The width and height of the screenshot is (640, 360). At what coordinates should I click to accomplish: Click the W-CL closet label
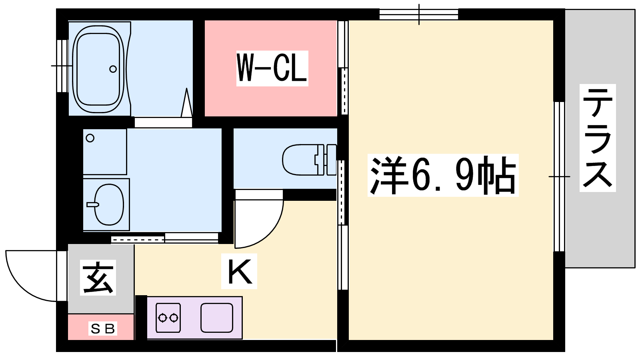(x=272, y=68)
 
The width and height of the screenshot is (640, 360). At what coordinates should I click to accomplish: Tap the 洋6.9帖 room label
(x=443, y=175)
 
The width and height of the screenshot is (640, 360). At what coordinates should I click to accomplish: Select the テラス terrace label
(x=598, y=138)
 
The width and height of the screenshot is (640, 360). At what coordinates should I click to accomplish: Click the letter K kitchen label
(x=239, y=271)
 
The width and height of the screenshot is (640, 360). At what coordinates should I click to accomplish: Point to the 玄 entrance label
(x=98, y=278)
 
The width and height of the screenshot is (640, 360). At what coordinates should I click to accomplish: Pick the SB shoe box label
(x=102, y=328)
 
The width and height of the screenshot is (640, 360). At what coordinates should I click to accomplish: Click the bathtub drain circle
(x=113, y=69)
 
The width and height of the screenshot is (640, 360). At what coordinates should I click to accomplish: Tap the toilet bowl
(x=300, y=160)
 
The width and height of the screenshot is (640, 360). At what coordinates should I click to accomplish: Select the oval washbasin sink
(x=109, y=204)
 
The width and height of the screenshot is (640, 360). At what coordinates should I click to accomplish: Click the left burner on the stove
(x=162, y=318)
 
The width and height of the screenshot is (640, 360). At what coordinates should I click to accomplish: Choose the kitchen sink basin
(x=216, y=318)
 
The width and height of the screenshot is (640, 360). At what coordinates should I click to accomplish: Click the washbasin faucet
(x=92, y=204)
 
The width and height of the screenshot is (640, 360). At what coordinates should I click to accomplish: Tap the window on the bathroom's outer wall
(x=62, y=66)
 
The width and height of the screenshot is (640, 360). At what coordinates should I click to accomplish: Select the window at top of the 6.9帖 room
(x=419, y=14)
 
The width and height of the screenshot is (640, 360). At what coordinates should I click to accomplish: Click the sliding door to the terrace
(x=559, y=176)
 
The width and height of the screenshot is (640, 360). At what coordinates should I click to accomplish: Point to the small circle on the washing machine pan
(x=90, y=138)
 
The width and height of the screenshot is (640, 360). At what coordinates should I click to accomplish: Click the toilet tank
(x=332, y=160)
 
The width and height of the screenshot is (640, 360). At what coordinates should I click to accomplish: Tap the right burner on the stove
(x=174, y=318)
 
